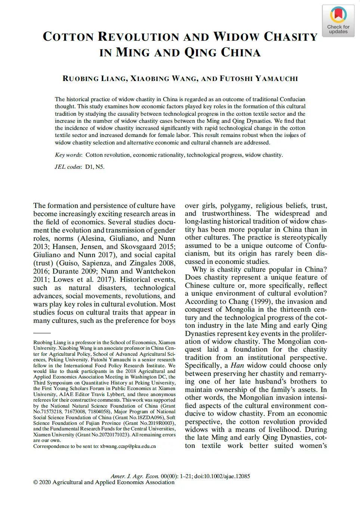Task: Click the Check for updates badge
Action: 338,21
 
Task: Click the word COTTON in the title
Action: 69,37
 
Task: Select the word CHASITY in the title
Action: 291,37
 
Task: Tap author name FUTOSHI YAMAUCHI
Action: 259,78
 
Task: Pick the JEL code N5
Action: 100,167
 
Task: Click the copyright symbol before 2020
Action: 35,482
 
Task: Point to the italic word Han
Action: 237,365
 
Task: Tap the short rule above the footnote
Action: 42,333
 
